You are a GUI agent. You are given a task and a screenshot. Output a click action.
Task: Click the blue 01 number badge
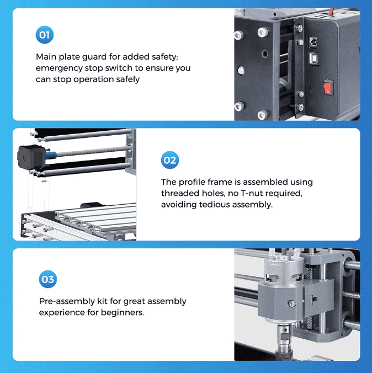[45, 36]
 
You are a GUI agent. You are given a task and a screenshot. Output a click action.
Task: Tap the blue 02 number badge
[169, 161]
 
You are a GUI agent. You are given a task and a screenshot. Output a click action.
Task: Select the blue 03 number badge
[48, 280]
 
